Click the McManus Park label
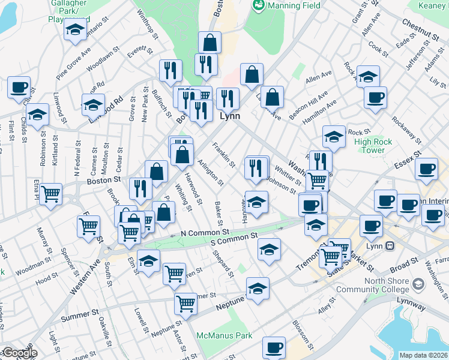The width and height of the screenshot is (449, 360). click(x=224, y=335)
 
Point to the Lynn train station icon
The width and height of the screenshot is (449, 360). click(x=390, y=245)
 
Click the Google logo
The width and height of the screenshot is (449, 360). click(x=19, y=353)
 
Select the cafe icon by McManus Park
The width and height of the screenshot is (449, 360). click(x=274, y=347)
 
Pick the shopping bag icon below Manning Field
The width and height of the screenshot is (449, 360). click(x=209, y=43)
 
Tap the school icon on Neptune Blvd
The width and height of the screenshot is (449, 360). click(x=258, y=289)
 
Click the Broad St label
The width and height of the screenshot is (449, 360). click(x=403, y=263)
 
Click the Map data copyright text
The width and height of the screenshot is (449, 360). click(x=423, y=355)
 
